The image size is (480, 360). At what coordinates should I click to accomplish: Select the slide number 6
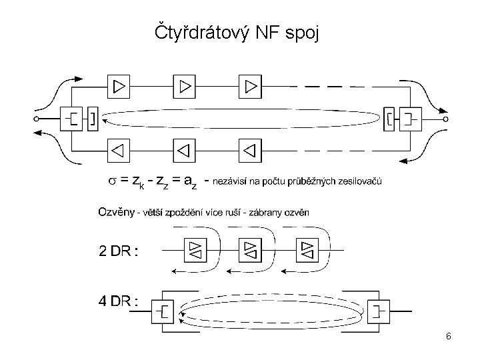coord(449,337)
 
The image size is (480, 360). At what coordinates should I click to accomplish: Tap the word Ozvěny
coord(116,213)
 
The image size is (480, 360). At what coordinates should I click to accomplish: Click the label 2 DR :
coord(118,251)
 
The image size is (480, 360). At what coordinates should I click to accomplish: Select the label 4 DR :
coord(118,300)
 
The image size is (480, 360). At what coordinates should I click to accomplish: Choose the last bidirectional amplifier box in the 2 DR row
coord(308,251)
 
